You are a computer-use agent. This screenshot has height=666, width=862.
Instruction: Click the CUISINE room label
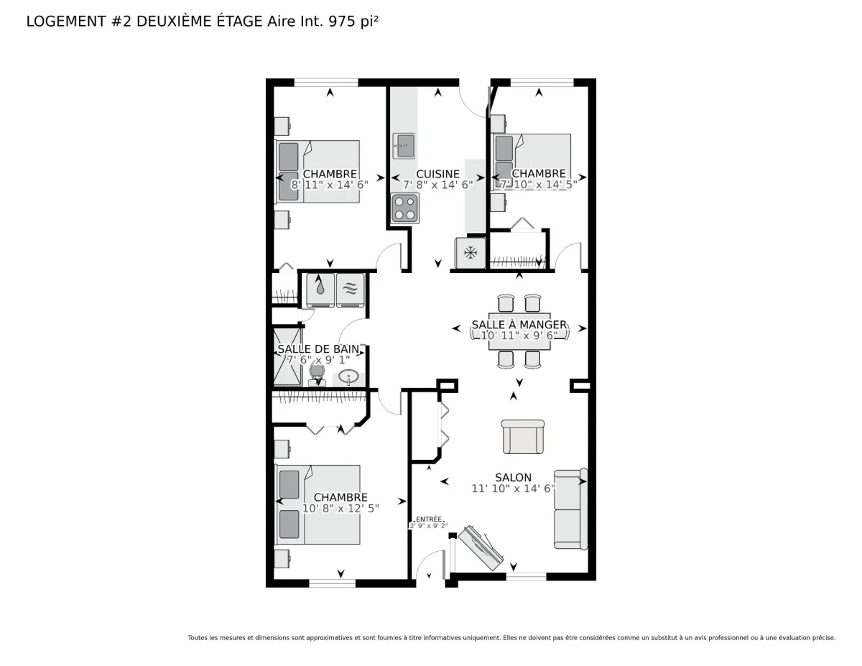click(437, 174)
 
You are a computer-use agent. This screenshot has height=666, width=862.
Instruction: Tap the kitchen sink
click(404, 146)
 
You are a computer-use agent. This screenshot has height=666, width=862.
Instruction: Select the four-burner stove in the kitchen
click(404, 208)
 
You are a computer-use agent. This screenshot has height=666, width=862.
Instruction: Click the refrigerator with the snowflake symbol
click(470, 253)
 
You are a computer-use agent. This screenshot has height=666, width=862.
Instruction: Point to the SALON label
click(513, 478)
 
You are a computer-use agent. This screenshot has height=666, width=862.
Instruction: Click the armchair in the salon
click(523, 437)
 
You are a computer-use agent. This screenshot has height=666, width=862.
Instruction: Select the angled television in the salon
click(481, 548)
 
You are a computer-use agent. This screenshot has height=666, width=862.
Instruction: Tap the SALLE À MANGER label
click(519, 325)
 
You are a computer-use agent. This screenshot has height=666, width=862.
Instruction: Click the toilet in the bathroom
click(317, 375)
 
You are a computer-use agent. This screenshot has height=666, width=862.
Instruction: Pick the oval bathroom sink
click(348, 376)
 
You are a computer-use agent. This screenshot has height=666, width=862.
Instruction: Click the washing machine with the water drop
click(320, 290)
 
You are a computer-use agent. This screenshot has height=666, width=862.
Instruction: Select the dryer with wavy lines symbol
click(351, 290)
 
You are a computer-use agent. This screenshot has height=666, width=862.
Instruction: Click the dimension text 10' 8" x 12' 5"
click(340, 508)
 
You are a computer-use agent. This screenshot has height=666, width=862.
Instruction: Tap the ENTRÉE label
click(428, 519)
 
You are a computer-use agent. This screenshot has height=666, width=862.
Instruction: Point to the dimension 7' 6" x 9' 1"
click(318, 360)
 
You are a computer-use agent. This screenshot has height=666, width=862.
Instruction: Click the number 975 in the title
click(342, 22)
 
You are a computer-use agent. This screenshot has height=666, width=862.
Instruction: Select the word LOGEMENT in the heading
click(66, 22)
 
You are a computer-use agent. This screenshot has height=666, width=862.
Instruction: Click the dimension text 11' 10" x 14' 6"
click(513, 489)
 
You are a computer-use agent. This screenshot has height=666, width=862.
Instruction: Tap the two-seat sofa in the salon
click(570, 509)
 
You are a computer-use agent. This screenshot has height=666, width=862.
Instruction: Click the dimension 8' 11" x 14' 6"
click(330, 185)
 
